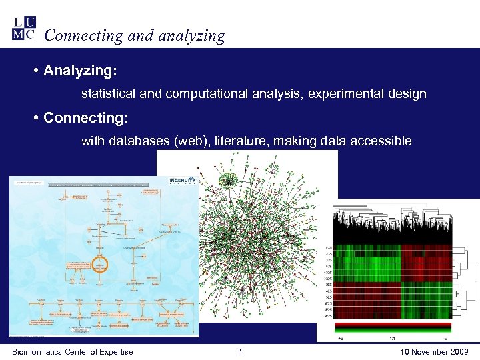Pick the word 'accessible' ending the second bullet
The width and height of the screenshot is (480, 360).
pos(383,141)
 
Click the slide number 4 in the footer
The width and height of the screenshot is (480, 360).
pos(240,352)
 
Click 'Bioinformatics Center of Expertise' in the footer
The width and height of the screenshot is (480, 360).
pos(72,352)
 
